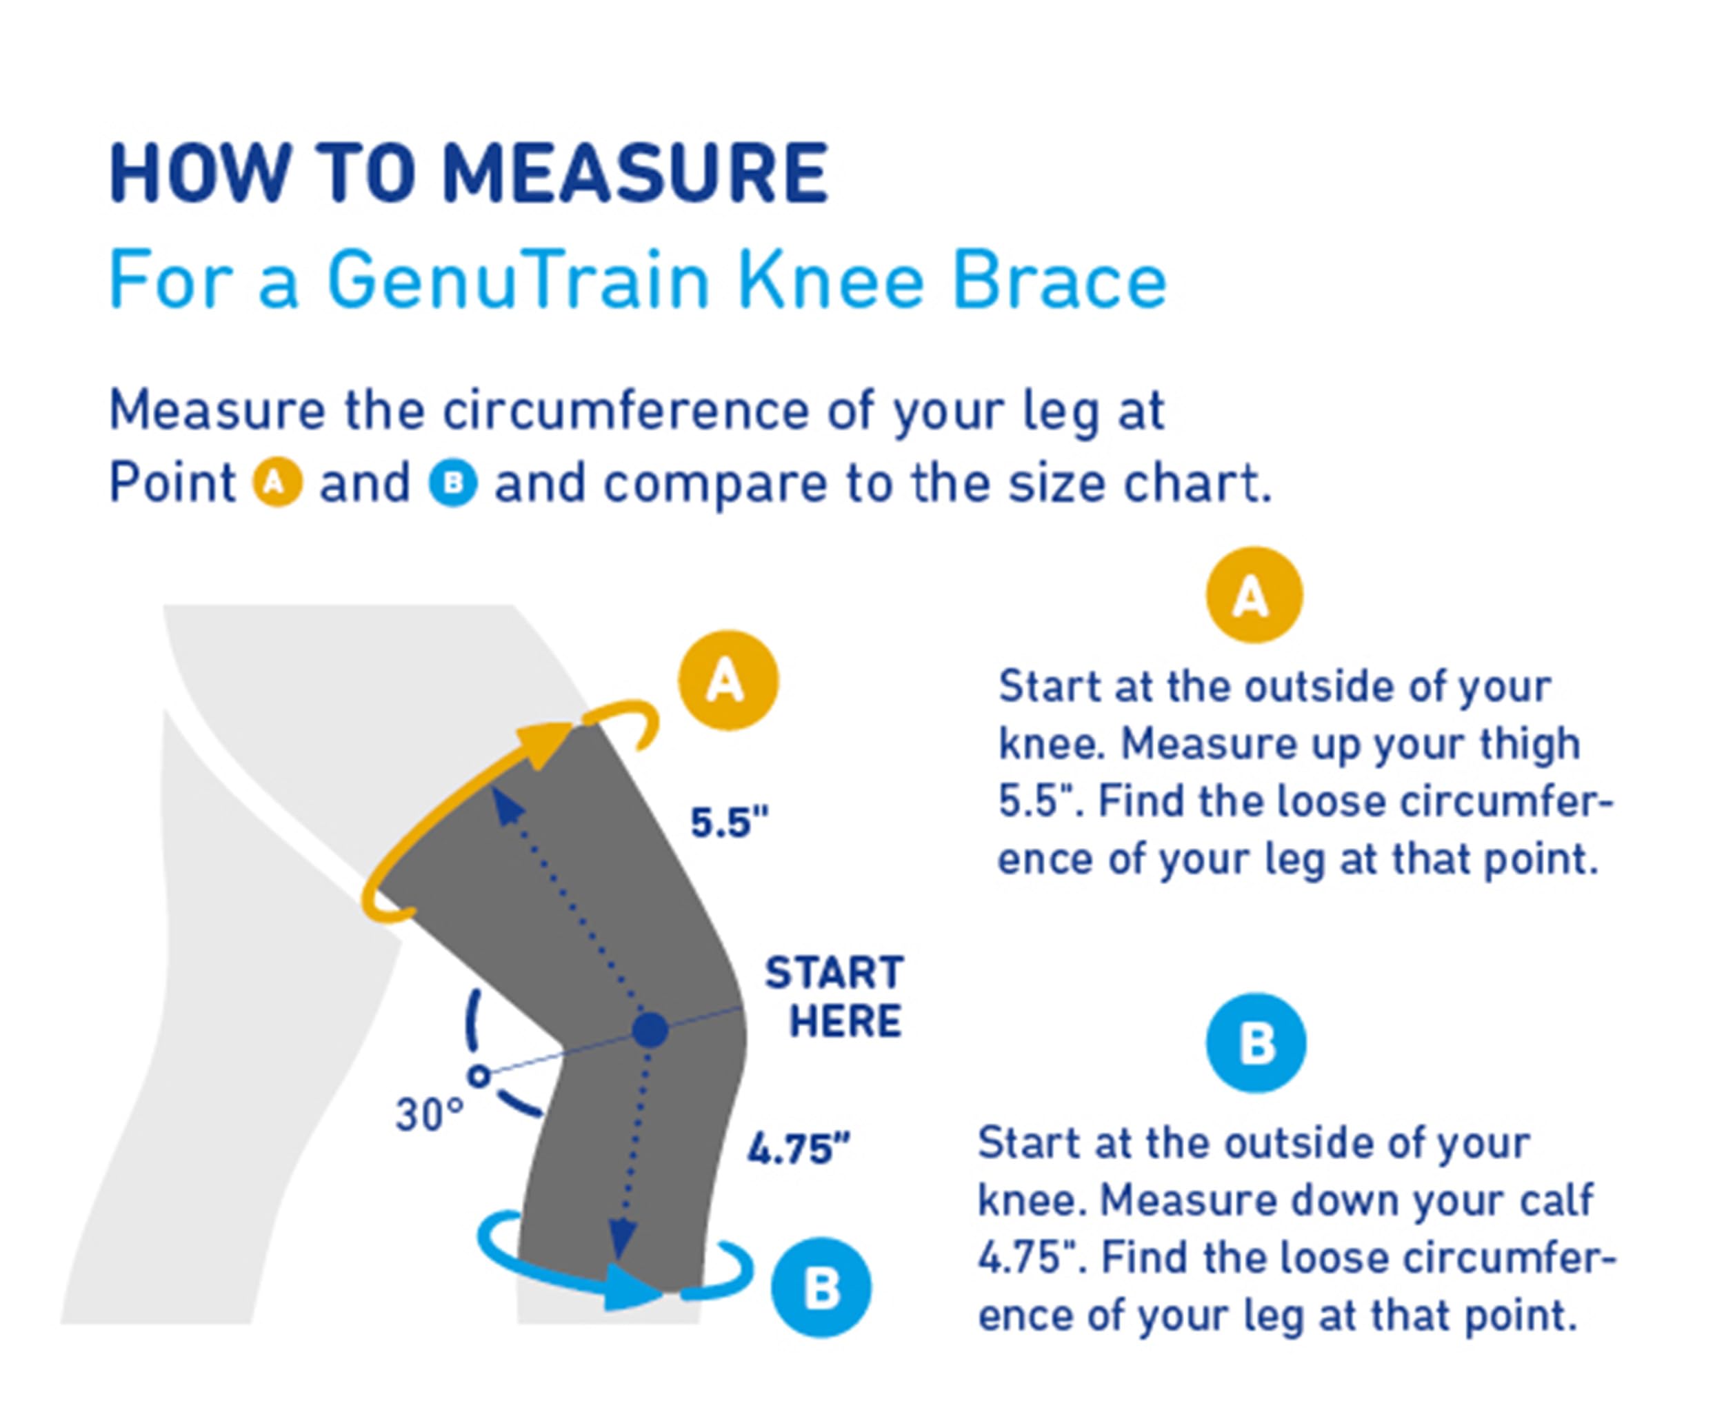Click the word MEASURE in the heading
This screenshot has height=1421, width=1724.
coord(635,174)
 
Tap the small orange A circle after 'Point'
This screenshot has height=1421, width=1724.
coord(277,483)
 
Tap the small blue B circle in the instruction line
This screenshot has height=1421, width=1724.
coord(452,483)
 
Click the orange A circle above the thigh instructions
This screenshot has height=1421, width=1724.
coord(1253,595)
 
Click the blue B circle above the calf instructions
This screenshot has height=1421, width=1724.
coord(1256,1043)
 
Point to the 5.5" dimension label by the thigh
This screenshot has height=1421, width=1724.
coord(730,823)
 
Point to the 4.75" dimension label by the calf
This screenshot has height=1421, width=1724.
coord(798,1149)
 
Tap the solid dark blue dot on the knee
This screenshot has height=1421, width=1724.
coord(650,1030)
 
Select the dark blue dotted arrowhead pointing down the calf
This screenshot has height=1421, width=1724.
coord(622,1238)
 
